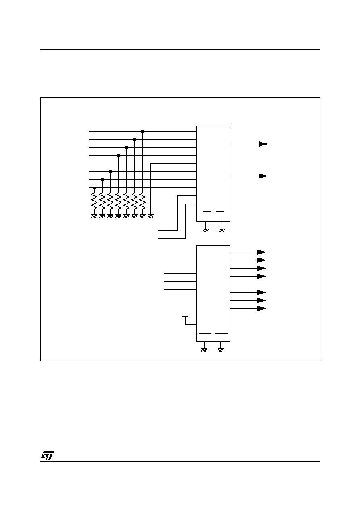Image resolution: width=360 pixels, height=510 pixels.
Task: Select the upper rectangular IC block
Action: (213, 174)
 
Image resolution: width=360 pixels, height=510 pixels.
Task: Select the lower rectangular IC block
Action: (213, 294)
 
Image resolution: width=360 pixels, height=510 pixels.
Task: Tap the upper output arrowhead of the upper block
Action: (263, 144)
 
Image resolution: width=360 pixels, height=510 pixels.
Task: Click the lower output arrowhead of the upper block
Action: (263, 176)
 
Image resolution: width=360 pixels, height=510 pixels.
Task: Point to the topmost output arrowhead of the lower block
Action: (262, 252)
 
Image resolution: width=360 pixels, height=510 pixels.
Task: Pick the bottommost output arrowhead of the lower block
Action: (262, 309)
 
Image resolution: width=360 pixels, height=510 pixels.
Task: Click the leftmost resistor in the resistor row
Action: (94, 201)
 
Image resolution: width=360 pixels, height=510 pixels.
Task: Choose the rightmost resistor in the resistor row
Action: (142, 201)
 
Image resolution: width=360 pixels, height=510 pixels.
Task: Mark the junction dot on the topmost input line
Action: (143, 131)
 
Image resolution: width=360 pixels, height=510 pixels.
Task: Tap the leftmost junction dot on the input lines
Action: (94, 188)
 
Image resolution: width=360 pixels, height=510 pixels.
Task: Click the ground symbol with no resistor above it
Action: (151, 216)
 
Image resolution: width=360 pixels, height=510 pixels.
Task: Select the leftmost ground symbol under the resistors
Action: (94, 216)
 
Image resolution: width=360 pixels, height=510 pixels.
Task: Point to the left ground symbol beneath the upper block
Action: (205, 230)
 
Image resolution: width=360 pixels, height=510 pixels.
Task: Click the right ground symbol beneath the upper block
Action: (222, 230)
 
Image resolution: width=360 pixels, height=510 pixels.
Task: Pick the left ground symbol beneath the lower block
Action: (204, 350)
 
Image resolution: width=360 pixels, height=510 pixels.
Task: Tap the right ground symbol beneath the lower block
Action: (220, 350)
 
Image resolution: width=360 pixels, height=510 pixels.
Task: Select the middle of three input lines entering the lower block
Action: (180, 281)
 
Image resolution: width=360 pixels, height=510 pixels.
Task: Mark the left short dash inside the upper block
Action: (207, 212)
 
